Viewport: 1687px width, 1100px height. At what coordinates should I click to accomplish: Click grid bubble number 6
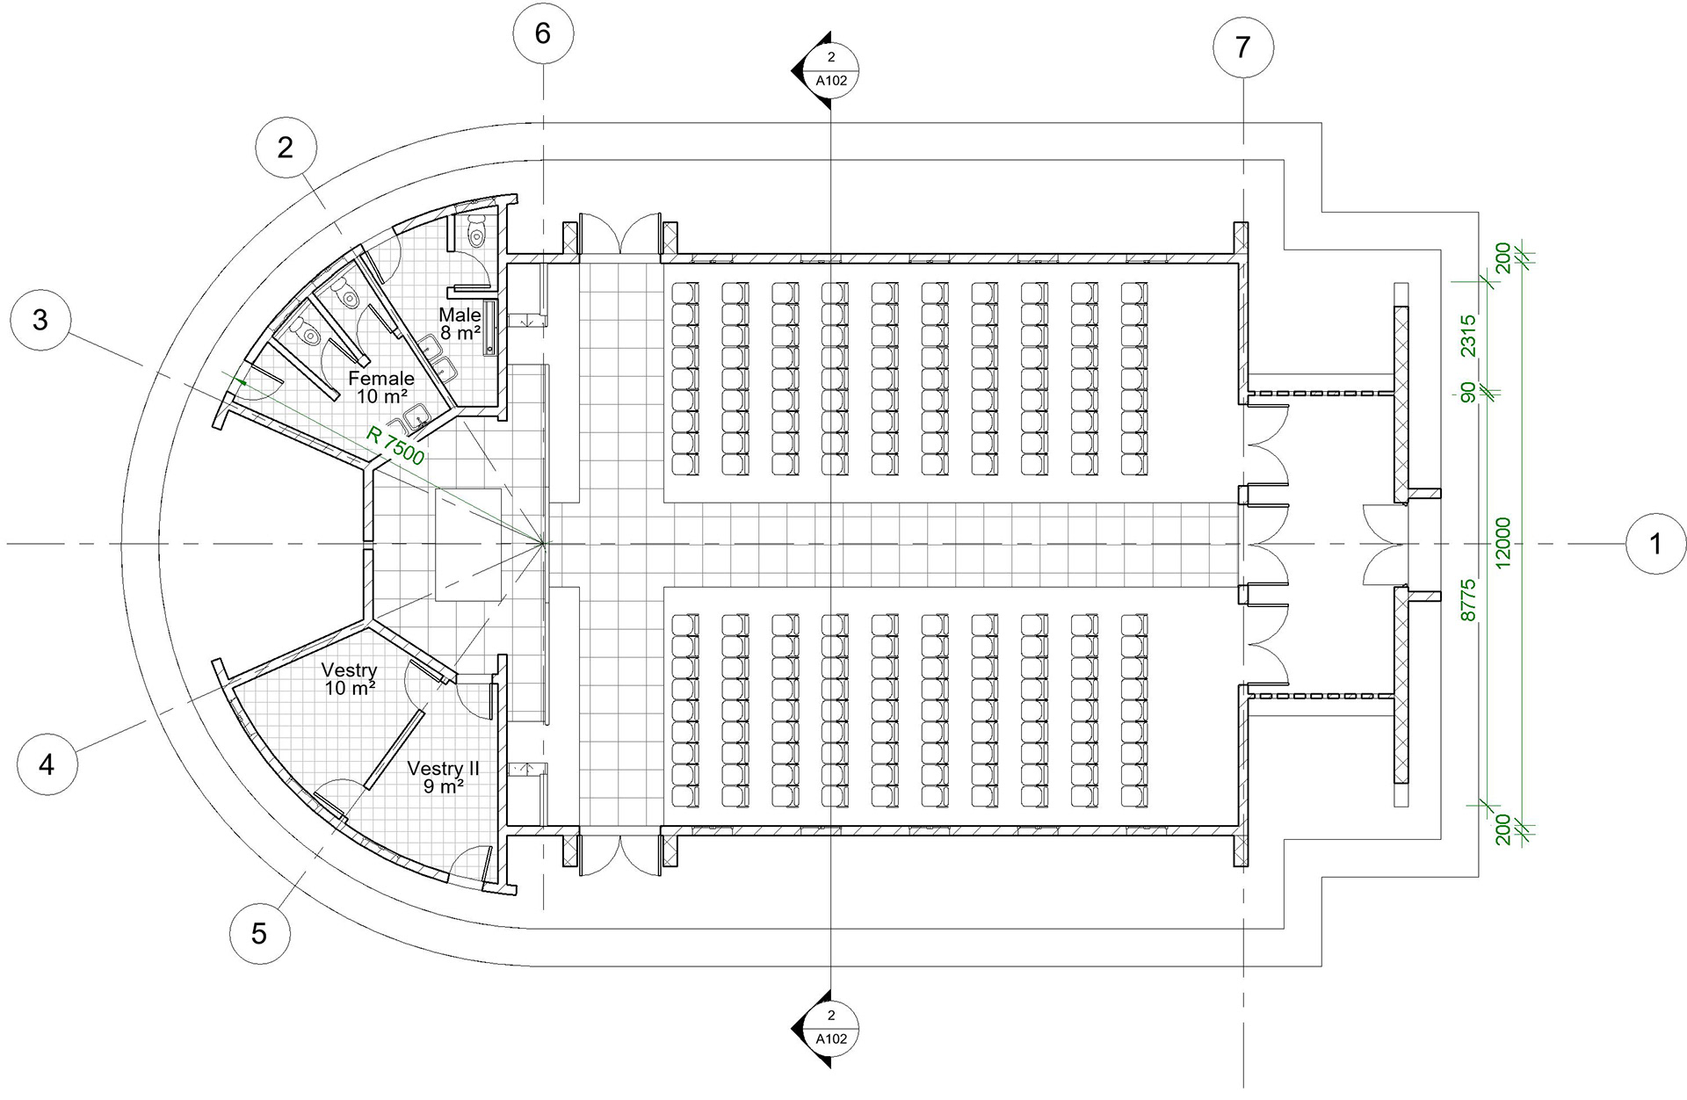[543, 33]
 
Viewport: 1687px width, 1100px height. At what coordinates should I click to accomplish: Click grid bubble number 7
[1242, 47]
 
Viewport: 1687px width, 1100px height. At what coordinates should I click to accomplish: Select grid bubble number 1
[1655, 545]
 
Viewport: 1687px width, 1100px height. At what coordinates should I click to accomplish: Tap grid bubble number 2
[285, 147]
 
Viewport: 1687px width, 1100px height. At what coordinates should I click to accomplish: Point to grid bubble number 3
[40, 319]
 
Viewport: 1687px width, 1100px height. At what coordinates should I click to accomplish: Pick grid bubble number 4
[47, 764]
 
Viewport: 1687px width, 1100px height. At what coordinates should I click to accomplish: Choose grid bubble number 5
[258, 932]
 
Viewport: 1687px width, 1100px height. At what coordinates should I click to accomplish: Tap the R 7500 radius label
[396, 444]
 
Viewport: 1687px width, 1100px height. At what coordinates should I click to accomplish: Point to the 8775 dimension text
[1466, 600]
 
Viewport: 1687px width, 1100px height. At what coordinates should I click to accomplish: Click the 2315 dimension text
[1466, 336]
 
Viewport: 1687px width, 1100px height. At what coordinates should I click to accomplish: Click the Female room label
[380, 387]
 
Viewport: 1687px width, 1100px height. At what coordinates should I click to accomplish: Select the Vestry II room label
[444, 777]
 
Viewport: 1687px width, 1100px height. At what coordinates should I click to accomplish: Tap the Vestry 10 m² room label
[349, 679]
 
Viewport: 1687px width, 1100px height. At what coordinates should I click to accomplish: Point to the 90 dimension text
[1466, 393]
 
